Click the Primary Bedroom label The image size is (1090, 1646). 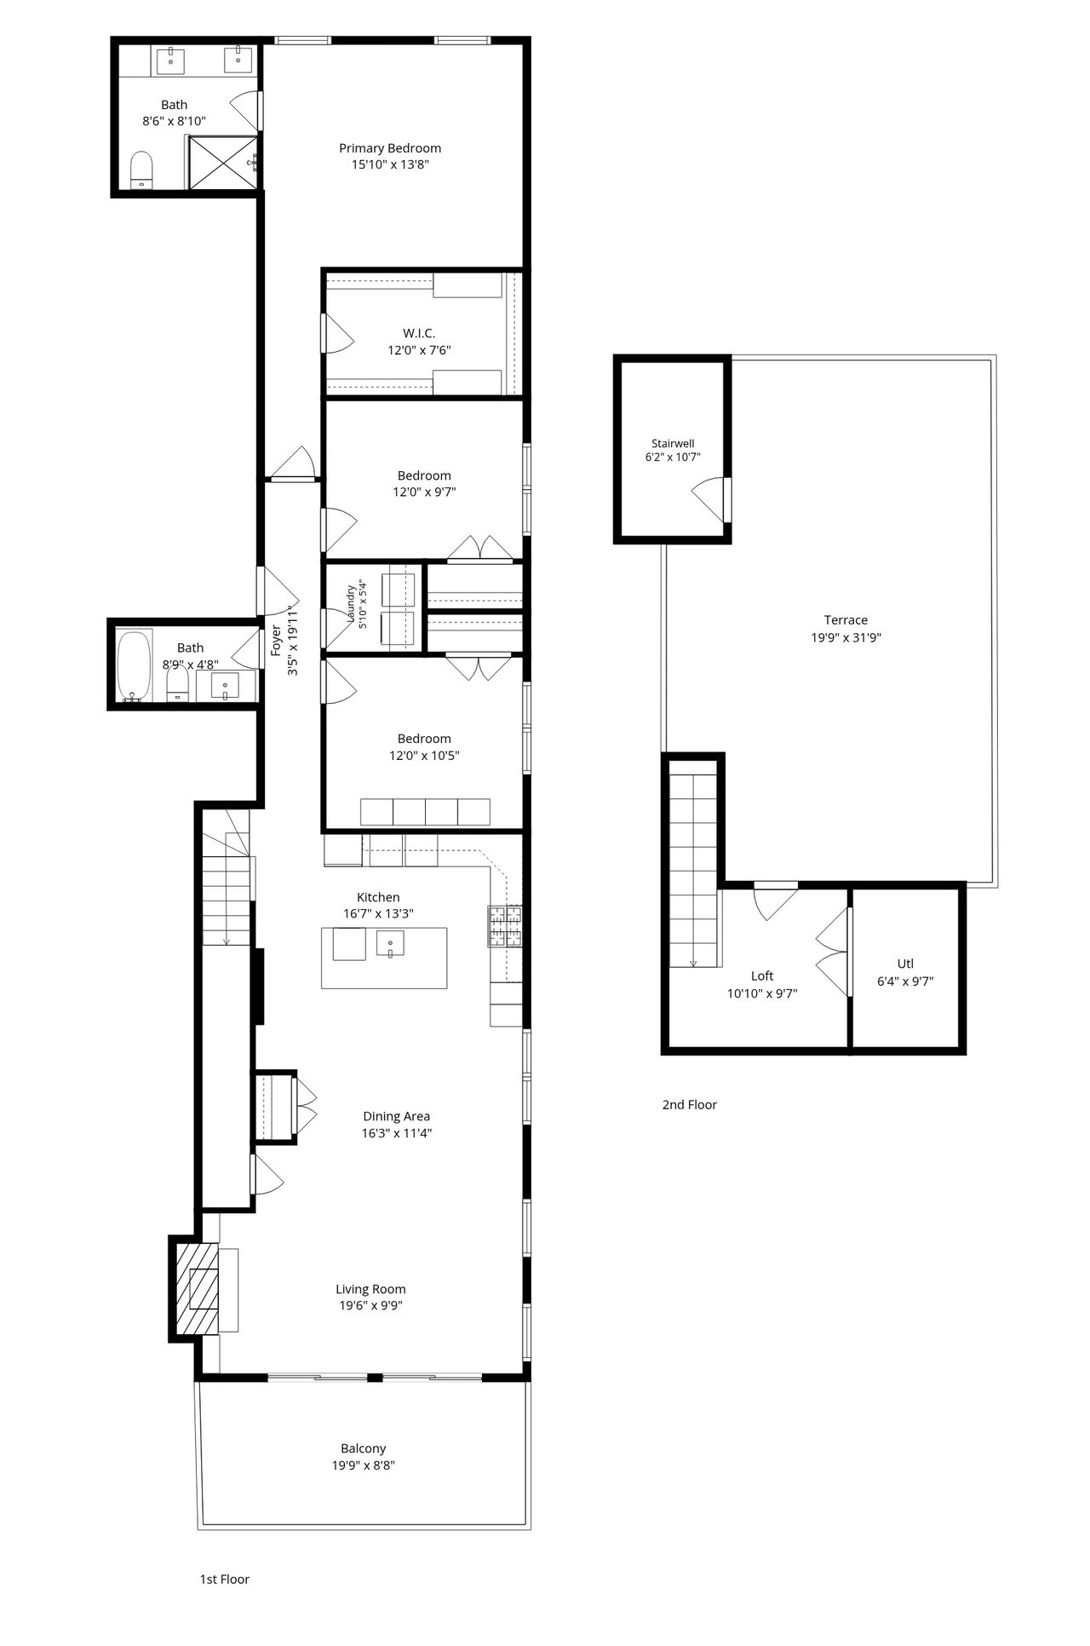point(390,148)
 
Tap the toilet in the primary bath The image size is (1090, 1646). point(141,169)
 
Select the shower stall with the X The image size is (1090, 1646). point(221,161)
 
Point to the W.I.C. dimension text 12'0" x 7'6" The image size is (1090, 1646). point(419,349)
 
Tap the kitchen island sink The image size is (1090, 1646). point(390,943)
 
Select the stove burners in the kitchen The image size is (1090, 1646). point(505,926)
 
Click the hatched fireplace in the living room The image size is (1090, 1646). point(197,1288)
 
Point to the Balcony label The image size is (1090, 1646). point(364,1448)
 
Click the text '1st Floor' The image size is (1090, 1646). point(225,1579)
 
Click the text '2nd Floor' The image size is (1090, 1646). point(690,1104)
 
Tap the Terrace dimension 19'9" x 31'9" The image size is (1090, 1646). point(846,636)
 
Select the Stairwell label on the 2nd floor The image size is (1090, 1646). point(673,443)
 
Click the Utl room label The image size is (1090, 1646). point(905,964)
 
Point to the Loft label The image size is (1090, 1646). point(762,976)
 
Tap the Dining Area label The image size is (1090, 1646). point(397,1116)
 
